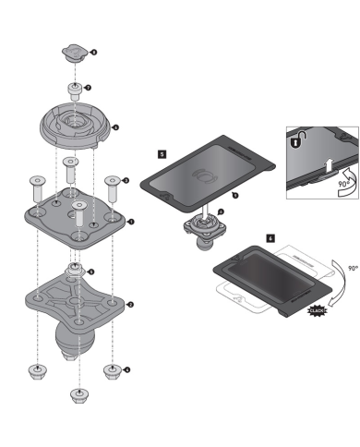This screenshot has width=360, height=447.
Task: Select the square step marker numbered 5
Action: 162,154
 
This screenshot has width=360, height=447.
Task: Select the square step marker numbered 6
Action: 270,237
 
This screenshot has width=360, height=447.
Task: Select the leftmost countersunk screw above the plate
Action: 37,189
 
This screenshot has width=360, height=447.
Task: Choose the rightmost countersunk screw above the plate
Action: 113,187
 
